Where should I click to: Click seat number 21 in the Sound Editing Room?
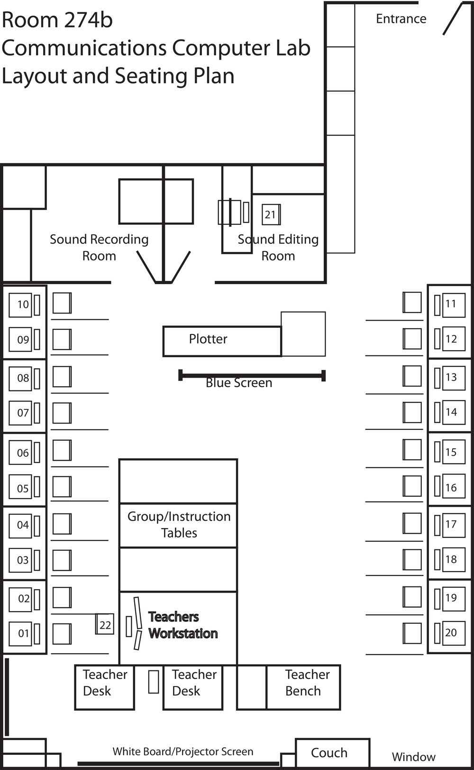click(x=270, y=214)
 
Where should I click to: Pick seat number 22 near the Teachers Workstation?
click(x=105, y=625)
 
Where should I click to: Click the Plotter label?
click(x=208, y=339)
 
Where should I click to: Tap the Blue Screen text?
click(x=239, y=383)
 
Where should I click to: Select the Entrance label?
click(x=401, y=19)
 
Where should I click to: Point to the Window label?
click(x=413, y=757)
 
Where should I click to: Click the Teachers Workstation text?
click(x=182, y=625)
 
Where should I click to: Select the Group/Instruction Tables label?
click(x=179, y=524)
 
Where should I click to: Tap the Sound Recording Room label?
click(x=99, y=247)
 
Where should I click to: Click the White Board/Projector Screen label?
click(x=182, y=751)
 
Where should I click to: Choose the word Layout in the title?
click(x=34, y=76)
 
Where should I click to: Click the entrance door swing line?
click(x=452, y=19)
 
